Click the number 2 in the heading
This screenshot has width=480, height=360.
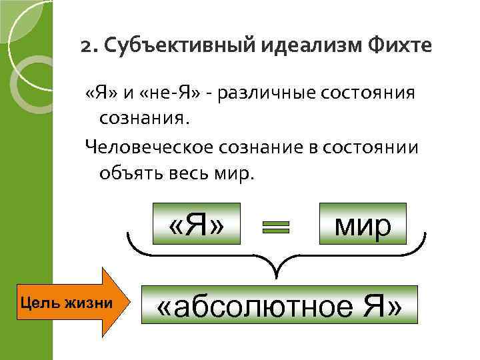(x=85, y=47)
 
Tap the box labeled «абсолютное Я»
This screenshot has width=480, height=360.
(x=279, y=306)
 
